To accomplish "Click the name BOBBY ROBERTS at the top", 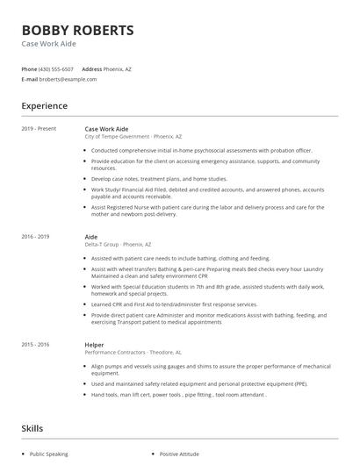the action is coord(77,31).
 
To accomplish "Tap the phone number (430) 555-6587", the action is coord(56,68).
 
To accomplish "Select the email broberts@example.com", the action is coord(69,79).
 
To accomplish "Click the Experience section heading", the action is coord(44,106).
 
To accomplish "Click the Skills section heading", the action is coord(33,428).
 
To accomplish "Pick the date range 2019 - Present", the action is coord(39,129).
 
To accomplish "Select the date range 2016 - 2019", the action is coord(35,237).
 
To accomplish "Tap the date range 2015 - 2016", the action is coord(35,344).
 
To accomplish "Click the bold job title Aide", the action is coord(90,237).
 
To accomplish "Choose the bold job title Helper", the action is coord(94,344).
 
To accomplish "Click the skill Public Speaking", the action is coord(48,454).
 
